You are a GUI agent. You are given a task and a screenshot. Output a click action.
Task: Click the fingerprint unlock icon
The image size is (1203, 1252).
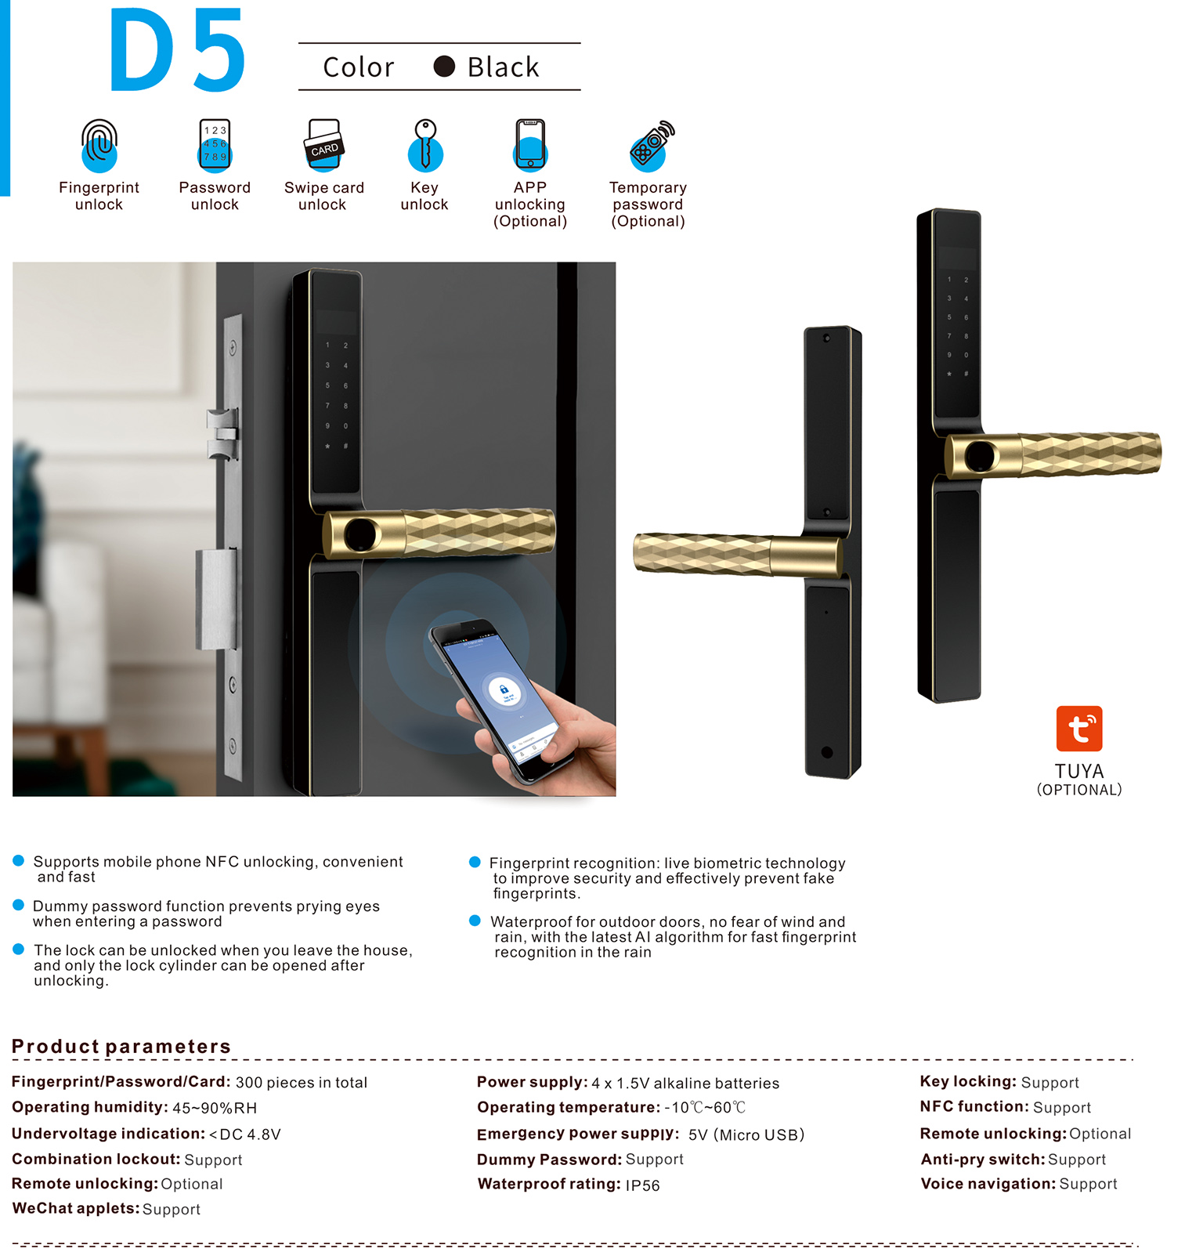click(99, 146)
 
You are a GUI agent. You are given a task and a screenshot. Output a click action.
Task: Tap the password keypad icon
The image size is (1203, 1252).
click(215, 146)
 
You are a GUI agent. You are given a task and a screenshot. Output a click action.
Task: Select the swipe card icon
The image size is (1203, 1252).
click(323, 145)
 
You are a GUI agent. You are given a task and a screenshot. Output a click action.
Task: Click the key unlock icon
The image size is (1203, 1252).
click(425, 145)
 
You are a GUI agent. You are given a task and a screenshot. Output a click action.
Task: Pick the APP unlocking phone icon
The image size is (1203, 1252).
click(530, 145)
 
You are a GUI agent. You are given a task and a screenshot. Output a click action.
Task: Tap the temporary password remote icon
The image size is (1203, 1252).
click(652, 146)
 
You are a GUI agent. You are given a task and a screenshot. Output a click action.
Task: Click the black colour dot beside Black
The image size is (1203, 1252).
click(444, 67)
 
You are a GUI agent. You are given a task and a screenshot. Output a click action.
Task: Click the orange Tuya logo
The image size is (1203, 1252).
click(1079, 729)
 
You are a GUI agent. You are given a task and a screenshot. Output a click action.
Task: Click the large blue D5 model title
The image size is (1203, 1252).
click(178, 50)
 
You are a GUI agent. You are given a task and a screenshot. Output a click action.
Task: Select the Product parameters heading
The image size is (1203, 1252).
click(121, 1046)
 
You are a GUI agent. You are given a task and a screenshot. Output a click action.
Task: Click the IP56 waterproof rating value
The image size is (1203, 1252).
click(642, 1185)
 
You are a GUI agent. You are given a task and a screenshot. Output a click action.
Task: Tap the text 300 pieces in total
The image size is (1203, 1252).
click(302, 1083)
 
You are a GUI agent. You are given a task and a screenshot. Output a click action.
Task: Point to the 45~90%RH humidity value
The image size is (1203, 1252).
click(215, 1108)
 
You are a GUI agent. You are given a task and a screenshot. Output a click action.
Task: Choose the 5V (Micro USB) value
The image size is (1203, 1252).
click(746, 1134)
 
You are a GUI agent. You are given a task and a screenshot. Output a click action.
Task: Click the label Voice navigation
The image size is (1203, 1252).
click(988, 1183)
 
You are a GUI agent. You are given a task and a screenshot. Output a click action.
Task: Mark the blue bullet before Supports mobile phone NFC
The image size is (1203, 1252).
click(19, 860)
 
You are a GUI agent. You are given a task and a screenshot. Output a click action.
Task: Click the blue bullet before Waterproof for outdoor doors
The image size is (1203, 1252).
click(475, 921)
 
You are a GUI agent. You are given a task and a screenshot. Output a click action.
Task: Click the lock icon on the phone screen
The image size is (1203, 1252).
click(504, 689)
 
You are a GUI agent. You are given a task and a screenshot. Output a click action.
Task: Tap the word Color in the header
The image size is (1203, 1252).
click(359, 67)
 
